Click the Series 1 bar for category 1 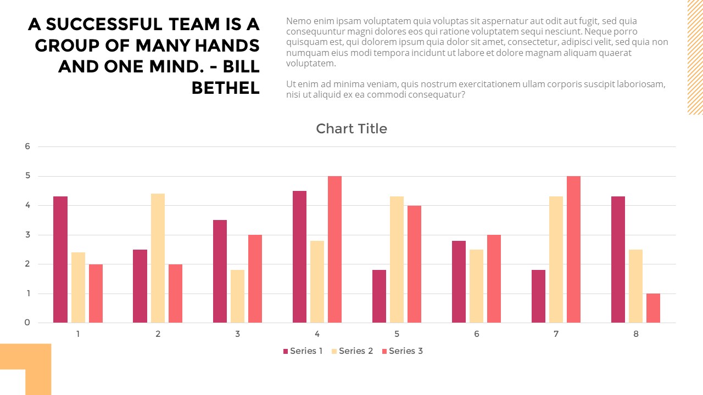tap(60, 259)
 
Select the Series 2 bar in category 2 tap(158, 258)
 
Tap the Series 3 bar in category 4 tap(334, 249)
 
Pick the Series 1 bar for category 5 tap(379, 296)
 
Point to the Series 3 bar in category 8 tap(653, 308)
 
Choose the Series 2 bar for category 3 tap(237, 296)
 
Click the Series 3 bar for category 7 tap(573, 249)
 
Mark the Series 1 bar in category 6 tap(459, 281)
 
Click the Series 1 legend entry tap(303, 351)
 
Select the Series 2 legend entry tap(352, 351)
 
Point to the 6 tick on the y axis tap(27, 146)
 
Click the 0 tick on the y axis tap(27, 323)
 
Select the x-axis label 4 tap(317, 334)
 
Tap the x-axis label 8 tap(635, 334)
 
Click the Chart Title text tap(351, 129)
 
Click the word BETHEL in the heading tap(225, 87)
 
